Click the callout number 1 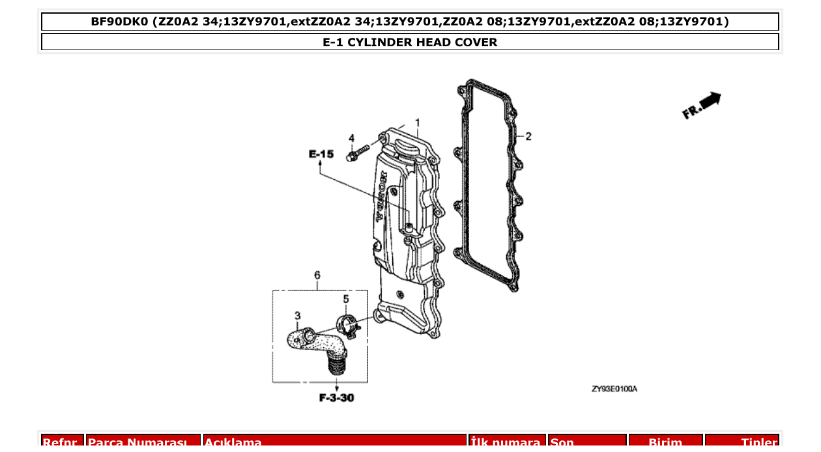coord(418,122)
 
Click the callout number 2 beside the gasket coord(528,136)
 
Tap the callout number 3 coord(297,316)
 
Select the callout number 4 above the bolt coord(351,138)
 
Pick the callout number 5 coord(346,299)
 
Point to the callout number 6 coord(317,275)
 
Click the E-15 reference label coord(321,154)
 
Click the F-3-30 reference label coord(336,397)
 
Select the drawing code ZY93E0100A coord(614,389)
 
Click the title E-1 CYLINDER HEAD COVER coord(410,42)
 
